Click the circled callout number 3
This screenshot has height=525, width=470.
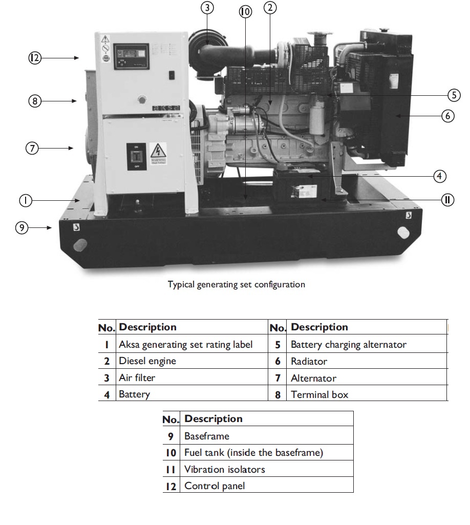pos(207,8)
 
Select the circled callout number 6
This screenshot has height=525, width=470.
pos(447,116)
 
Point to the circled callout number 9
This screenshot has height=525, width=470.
pos(21,227)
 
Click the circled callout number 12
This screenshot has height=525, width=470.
pos(34,58)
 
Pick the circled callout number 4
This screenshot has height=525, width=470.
pos(439,176)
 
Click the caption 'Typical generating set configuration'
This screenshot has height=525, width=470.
pos(237,284)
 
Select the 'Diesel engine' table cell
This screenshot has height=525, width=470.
pos(147,361)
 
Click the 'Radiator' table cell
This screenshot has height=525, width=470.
pos(309,361)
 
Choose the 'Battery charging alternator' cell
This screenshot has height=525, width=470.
pos(348,344)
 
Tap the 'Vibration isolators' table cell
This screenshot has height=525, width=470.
pos(225,469)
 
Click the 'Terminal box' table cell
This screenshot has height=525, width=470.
pos(319,394)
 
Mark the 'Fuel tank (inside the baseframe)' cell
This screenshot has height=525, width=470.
pos(253,453)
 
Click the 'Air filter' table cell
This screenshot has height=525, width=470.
pos(137,378)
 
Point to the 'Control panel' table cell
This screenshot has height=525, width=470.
pos(215,486)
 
